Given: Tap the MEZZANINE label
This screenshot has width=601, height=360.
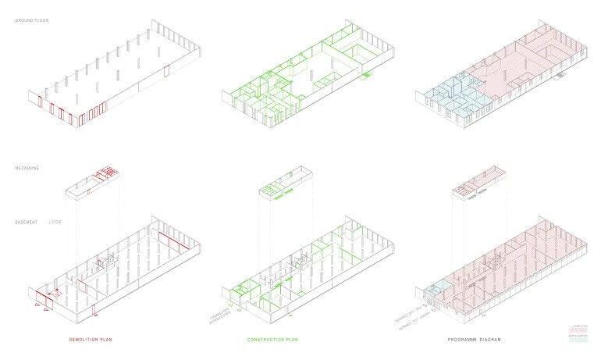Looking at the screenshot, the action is coord(27,168).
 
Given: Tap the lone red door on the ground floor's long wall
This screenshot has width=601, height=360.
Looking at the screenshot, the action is coord(166,73).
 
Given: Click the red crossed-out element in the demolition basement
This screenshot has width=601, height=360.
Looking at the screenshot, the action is coord(54,294).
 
